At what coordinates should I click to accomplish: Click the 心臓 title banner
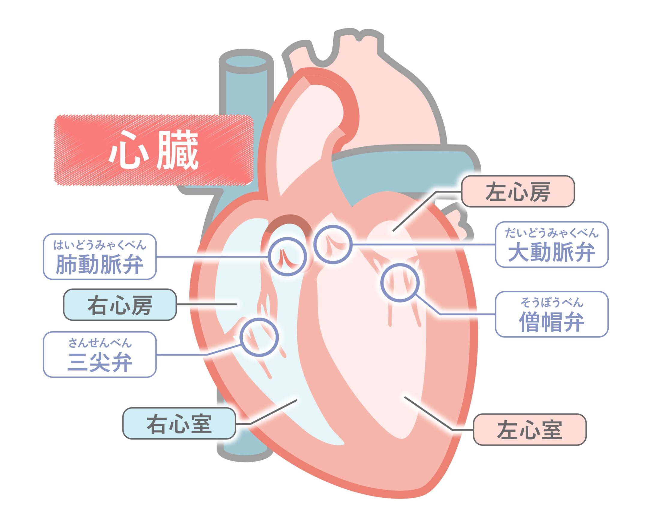tap(154, 150)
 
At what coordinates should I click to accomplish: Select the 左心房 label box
tap(517, 191)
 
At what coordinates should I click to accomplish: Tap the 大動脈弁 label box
tap(551, 244)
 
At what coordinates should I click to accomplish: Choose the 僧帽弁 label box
tap(551, 314)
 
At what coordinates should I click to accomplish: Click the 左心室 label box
tap(529, 429)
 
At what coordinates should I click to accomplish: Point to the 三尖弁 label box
tap(100, 354)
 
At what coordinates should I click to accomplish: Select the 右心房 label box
tap(120, 305)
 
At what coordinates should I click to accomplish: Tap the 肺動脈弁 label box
tap(100, 257)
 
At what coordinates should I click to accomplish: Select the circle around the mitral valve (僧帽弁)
tap(400, 283)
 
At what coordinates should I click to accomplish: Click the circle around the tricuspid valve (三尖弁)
tap(259, 337)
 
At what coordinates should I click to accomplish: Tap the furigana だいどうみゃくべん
tap(551, 233)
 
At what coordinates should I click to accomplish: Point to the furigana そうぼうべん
tap(551, 303)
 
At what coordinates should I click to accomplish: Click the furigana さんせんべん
tap(100, 343)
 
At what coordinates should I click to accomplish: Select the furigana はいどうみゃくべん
tap(100, 245)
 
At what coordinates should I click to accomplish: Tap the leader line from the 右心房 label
tap(206, 304)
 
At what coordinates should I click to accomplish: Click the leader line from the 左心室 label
tap(428, 413)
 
